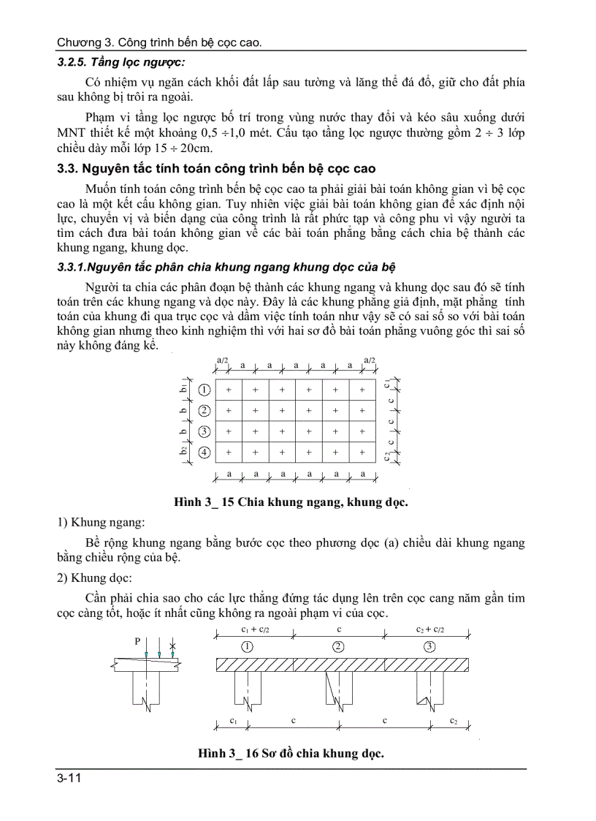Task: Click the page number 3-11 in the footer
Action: pos(69,779)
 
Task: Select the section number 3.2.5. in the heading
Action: pos(73,62)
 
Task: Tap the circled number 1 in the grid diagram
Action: pos(205,390)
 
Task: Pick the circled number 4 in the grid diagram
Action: pos(205,453)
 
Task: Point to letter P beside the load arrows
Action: pos(137,641)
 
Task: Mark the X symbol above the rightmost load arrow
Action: pos(172,644)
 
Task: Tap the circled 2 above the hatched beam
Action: pos(338,646)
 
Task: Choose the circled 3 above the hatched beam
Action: pos(429,646)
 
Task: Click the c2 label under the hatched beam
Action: pos(454,720)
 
